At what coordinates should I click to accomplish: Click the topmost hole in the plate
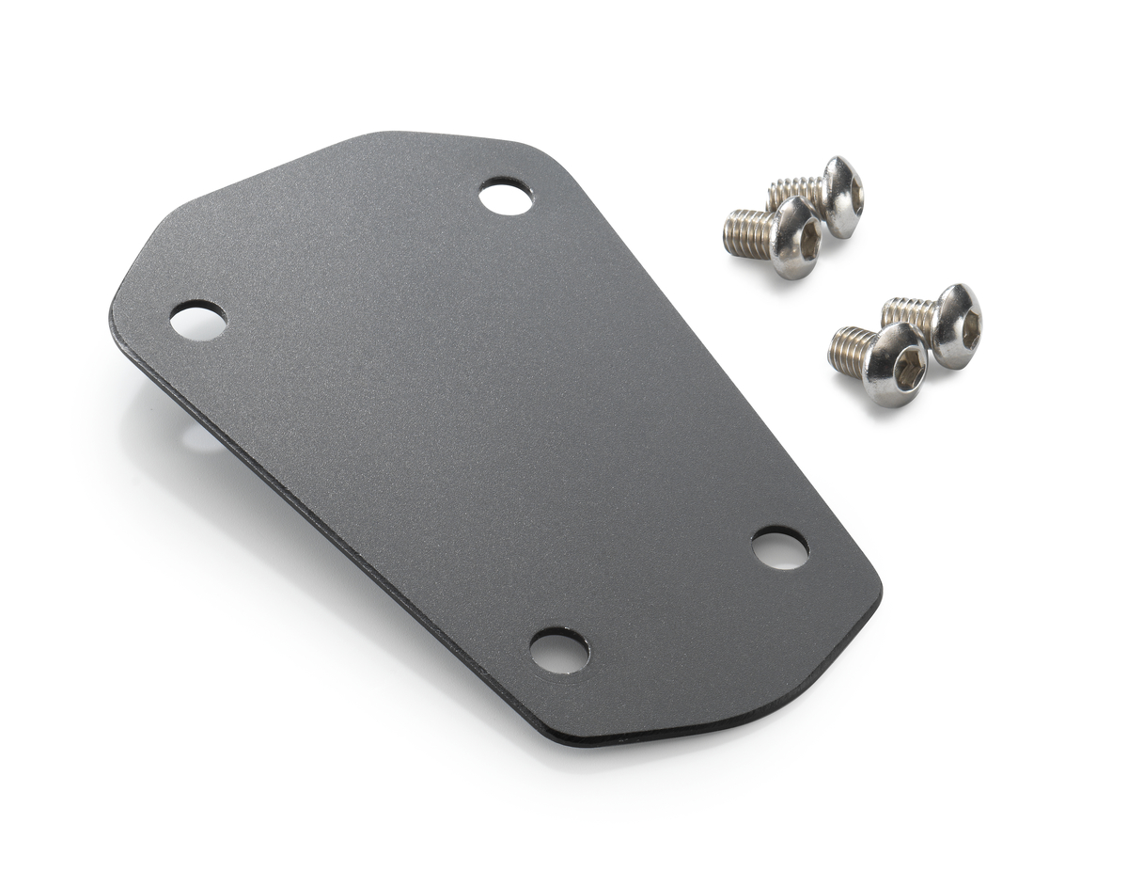506,198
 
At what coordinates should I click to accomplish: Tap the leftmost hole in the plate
198,322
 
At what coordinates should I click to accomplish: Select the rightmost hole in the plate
780,548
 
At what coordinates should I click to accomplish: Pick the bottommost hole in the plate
559,651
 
